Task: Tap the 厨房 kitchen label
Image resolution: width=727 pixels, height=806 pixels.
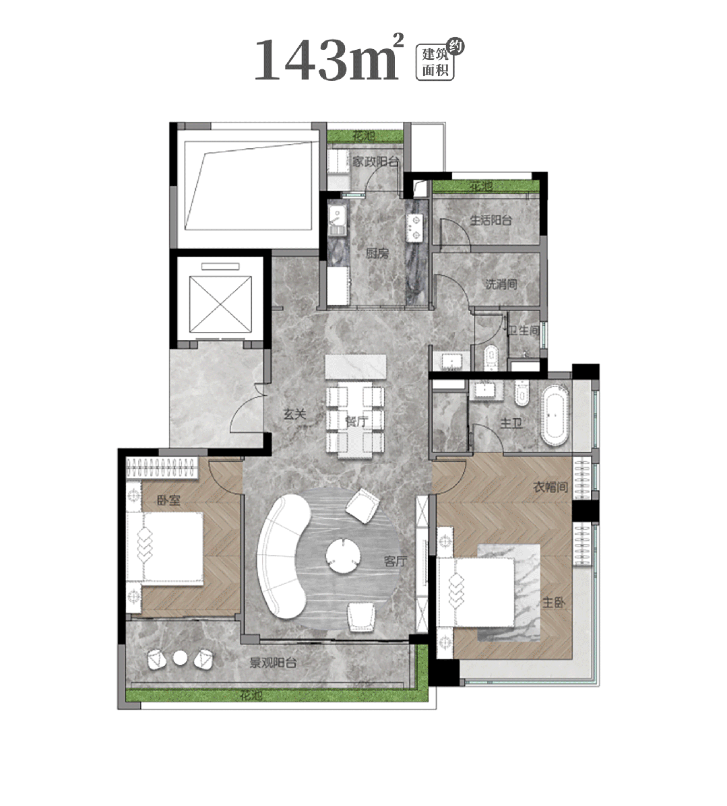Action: [x=377, y=253]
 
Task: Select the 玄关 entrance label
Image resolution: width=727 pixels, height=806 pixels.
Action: [x=295, y=414]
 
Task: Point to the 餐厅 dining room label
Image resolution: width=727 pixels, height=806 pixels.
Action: [x=356, y=422]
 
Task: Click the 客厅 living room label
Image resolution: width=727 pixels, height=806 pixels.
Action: [x=395, y=561]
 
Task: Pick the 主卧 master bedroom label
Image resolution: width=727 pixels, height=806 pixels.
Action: [x=554, y=603]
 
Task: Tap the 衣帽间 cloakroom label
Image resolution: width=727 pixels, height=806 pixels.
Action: [x=550, y=486]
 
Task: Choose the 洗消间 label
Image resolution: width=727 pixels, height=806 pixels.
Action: [x=501, y=283]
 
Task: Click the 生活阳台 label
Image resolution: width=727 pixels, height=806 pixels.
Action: [x=491, y=220]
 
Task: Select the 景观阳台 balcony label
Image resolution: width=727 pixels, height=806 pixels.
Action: [x=273, y=663]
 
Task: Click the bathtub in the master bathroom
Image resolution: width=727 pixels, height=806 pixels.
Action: [x=555, y=414]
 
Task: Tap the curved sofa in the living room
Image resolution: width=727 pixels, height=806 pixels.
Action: [x=282, y=557]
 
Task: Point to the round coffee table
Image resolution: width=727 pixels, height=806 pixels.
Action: [x=342, y=555]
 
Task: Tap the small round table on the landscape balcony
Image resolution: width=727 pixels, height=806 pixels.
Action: [x=180, y=658]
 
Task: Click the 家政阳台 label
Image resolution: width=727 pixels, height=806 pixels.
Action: [x=376, y=162]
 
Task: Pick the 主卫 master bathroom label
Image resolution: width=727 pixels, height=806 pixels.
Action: [x=511, y=423]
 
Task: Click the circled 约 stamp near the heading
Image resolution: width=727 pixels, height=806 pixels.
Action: [x=455, y=47]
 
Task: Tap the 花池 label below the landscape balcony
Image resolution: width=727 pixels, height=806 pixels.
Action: [x=251, y=696]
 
